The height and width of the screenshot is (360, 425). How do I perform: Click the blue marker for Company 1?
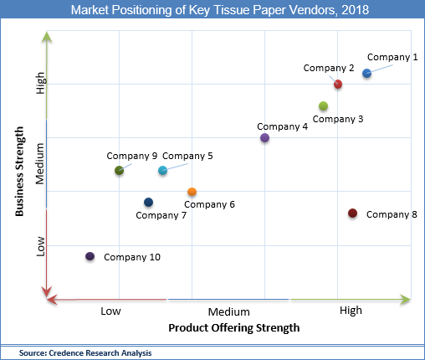tap(366, 74)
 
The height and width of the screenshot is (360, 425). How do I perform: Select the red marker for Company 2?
tap(338, 85)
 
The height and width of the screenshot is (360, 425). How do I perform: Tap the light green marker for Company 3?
tap(324, 106)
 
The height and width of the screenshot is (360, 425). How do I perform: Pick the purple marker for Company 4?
tap(264, 137)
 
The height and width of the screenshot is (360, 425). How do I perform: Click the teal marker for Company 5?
tap(163, 171)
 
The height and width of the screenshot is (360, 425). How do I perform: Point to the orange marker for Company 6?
tap(192, 193)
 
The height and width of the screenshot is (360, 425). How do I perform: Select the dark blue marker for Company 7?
tap(149, 203)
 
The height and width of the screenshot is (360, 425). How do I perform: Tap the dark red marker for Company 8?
tap(353, 213)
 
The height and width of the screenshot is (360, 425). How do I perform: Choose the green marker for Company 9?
tap(120, 171)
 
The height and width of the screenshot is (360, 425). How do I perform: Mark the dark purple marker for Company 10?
tap(90, 256)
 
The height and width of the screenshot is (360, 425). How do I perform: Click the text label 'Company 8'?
tap(392, 214)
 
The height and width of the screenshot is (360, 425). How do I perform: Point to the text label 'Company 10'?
tap(132, 257)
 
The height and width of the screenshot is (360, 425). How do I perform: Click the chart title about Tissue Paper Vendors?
tap(212, 11)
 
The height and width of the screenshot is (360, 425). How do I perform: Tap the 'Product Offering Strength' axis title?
tap(233, 327)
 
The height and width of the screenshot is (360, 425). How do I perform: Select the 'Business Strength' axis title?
tap(18, 172)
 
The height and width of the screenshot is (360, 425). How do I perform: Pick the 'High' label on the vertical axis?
tap(40, 84)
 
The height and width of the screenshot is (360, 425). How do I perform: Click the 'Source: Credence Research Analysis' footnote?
tap(86, 353)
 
